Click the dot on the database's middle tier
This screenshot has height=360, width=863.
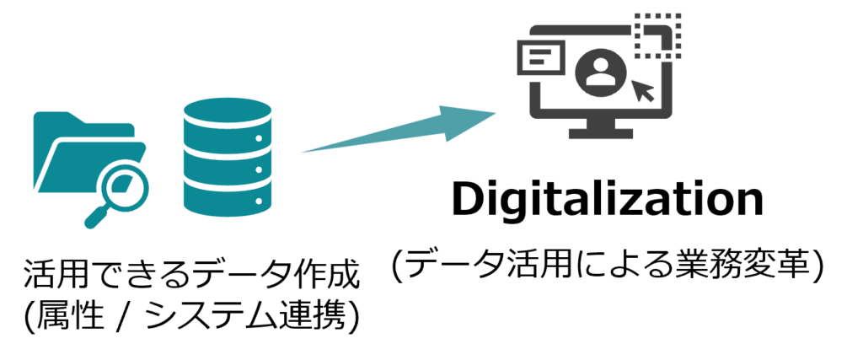(x=260, y=170)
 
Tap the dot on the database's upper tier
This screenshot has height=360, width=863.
(x=260, y=138)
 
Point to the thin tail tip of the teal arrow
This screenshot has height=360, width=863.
(x=305, y=152)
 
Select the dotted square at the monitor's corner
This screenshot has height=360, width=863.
(x=657, y=36)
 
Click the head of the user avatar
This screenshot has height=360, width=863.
(x=600, y=63)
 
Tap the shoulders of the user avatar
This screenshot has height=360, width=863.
(x=600, y=79)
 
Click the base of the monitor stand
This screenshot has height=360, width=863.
(x=600, y=133)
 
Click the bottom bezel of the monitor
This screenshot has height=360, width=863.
(x=600, y=114)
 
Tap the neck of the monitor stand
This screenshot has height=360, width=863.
(x=600, y=123)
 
